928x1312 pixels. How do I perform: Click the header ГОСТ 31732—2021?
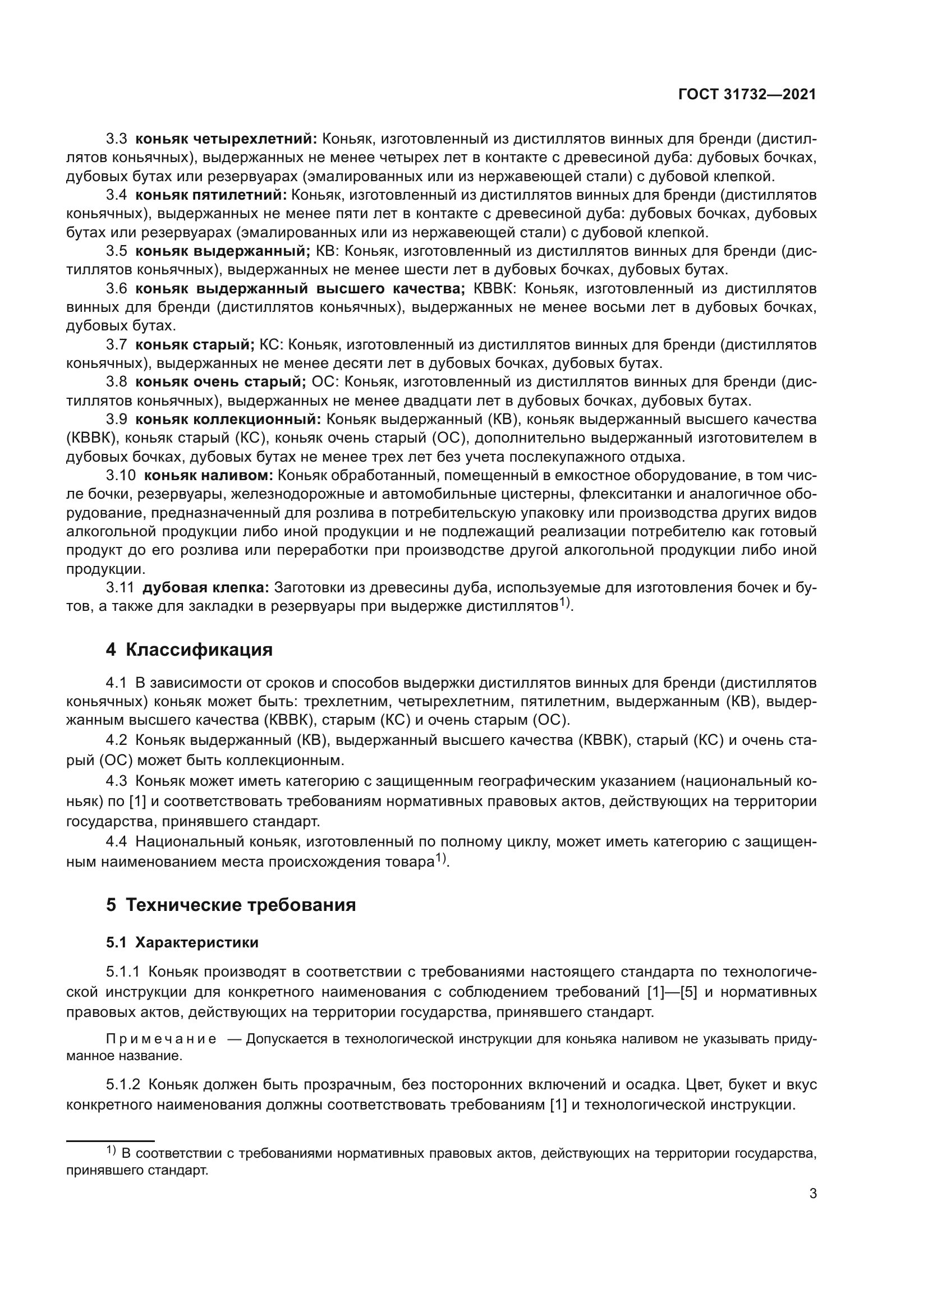(x=747, y=94)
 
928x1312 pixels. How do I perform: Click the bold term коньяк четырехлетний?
(x=226, y=139)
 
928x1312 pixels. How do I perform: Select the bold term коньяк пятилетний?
(x=211, y=195)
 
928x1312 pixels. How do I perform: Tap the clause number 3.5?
(x=116, y=251)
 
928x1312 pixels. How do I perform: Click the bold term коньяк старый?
(x=195, y=344)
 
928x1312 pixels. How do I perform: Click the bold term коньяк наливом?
(x=209, y=476)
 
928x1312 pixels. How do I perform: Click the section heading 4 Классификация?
(x=189, y=650)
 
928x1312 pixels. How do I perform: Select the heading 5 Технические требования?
(x=231, y=905)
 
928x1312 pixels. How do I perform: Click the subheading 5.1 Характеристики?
(x=182, y=943)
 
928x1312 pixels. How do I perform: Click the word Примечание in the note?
(x=161, y=1039)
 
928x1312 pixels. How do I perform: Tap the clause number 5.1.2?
(x=123, y=1085)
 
